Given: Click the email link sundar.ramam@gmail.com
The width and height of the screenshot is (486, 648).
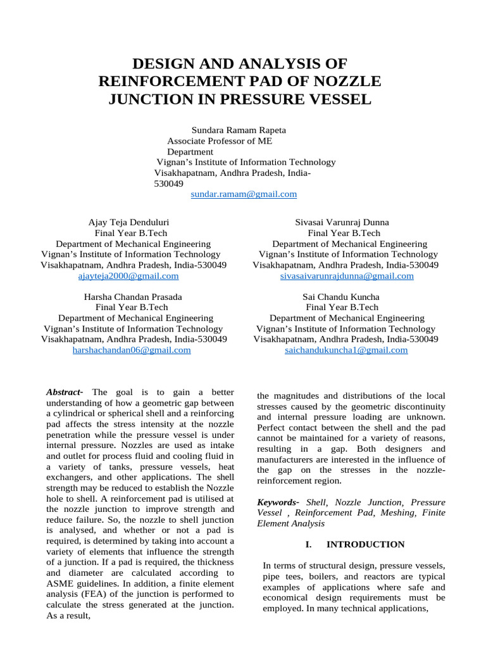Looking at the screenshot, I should click(x=244, y=194).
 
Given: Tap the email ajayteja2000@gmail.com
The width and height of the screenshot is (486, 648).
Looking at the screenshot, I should click(x=128, y=276).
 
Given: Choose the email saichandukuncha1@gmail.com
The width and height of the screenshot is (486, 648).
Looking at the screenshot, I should click(x=347, y=350).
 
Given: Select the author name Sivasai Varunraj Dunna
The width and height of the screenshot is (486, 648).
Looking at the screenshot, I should click(x=342, y=222).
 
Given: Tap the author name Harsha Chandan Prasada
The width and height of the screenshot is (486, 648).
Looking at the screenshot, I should click(x=133, y=296).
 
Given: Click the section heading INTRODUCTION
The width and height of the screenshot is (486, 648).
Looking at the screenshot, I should click(x=365, y=544).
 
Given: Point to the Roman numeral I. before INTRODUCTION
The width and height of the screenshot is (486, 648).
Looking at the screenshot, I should click(x=308, y=544).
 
